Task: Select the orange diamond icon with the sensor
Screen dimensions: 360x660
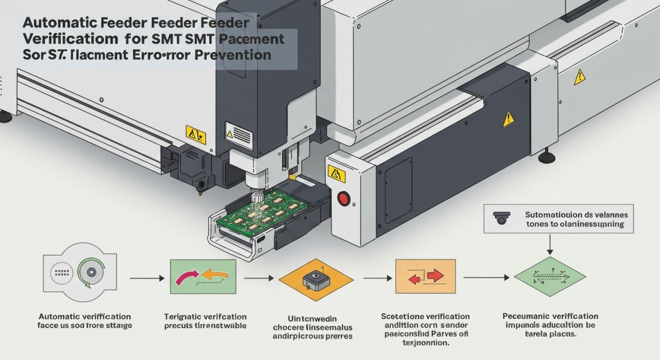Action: point(315,279)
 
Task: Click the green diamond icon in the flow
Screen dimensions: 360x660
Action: point(551,279)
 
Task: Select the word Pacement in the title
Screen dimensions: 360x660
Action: point(252,40)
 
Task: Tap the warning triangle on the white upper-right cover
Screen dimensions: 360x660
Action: point(579,78)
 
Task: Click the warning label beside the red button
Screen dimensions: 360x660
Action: point(335,174)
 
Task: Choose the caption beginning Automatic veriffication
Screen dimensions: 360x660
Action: point(85,321)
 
